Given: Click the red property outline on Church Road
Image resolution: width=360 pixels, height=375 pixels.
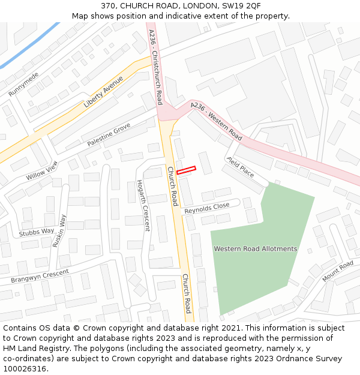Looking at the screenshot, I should coord(186,170).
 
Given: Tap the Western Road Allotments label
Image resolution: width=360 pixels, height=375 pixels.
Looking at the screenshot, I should coord(255,248).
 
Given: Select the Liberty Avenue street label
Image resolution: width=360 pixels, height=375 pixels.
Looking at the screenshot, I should coord(103,92).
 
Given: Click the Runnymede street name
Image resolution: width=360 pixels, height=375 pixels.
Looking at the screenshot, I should coord(23,85).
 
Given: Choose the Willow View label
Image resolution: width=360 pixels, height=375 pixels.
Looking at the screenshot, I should coord(42,171).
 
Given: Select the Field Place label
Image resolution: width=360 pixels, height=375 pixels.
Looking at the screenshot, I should coord(240,167).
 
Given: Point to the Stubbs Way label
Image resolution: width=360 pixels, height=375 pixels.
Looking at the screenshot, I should coord(37,232).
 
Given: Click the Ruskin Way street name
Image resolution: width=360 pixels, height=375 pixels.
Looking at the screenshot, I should coord(59,231).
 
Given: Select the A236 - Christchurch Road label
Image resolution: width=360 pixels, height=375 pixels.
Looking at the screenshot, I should coord(155,66).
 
